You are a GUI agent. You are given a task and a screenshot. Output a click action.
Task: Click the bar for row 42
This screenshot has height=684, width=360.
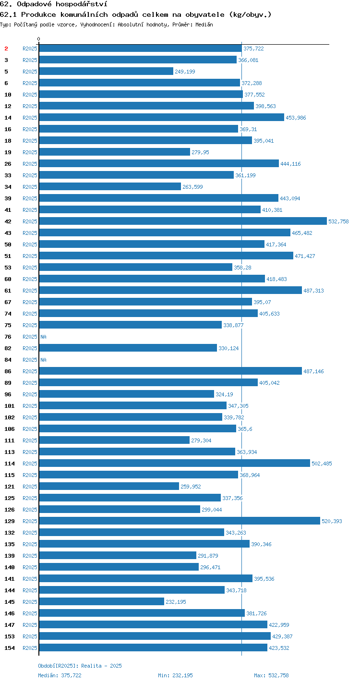[183, 221]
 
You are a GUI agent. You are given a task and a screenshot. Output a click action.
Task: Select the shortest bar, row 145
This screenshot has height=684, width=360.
[102, 601]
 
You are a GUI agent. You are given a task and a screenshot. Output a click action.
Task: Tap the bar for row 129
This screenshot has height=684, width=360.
[180, 521]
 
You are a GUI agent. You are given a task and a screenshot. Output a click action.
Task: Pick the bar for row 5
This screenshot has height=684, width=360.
[106, 71]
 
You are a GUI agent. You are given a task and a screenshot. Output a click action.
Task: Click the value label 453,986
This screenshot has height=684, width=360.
[296, 118]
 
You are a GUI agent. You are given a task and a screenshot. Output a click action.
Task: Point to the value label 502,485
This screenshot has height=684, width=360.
[322, 463]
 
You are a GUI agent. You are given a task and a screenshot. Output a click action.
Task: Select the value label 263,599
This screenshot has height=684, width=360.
[192, 186]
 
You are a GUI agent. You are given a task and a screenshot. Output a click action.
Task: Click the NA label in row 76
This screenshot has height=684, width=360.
[43, 337]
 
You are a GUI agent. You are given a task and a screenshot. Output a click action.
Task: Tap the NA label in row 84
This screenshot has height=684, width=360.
[43, 360]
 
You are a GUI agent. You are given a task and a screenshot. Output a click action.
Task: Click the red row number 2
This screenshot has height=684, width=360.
[6, 49]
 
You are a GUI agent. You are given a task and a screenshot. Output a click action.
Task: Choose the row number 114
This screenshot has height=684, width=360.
[10, 464]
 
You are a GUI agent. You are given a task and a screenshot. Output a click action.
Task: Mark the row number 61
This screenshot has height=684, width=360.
[8, 291]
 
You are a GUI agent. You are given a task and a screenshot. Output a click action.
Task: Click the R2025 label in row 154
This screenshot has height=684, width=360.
[30, 647]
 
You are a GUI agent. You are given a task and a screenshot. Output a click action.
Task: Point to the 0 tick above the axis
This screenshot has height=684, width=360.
[39, 39]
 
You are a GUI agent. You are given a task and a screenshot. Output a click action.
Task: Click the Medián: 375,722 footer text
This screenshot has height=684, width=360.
[60, 675]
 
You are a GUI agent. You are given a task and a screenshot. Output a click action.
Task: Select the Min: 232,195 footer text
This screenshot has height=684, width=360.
[175, 675]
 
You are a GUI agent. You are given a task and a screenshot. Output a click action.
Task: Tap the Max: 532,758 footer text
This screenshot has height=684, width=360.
[271, 675]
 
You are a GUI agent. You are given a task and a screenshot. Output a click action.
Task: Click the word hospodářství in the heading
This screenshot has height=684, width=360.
[82, 4]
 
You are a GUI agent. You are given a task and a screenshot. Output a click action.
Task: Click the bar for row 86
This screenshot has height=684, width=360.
[170, 371]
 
